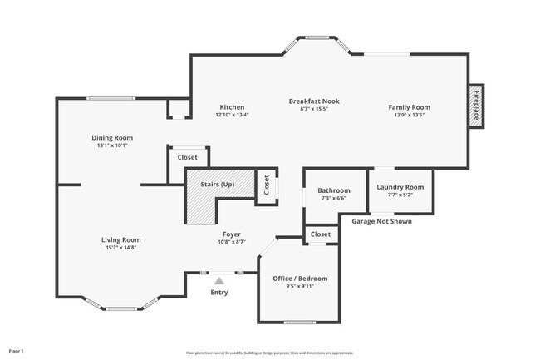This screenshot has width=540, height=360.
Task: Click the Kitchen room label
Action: coord(232,107)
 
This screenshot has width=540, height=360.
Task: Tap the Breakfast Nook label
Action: coord(314,101)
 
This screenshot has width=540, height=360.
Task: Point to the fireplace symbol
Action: coord(476,106)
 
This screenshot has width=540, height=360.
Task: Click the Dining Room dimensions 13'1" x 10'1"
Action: coord(112,145)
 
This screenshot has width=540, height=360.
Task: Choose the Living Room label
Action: coord(120,239)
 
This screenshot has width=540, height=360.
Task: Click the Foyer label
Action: coord(232,234)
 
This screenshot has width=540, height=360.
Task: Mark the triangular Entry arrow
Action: coord(219,282)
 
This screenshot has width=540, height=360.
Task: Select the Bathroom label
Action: coord(334,190)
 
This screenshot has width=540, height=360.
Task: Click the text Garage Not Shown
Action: coord(381,221)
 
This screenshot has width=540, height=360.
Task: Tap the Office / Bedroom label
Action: coord(300,278)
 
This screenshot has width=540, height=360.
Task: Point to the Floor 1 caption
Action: coord(17,351)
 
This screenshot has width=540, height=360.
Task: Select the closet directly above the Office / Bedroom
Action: coord(320,235)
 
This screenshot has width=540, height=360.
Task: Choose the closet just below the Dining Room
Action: coord(188,156)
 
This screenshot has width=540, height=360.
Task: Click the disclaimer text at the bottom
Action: coord(269,352)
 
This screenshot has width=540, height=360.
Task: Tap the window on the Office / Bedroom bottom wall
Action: coord(300,322)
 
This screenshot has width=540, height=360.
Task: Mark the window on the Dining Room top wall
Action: coord(112,99)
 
